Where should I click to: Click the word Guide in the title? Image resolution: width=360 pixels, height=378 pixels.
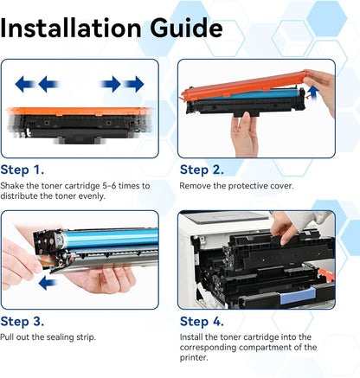(186, 28)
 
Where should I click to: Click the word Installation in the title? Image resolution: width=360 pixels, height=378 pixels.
(71, 28)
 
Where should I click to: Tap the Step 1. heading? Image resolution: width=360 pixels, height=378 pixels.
(22, 170)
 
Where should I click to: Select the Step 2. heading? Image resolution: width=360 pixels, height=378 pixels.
(202, 170)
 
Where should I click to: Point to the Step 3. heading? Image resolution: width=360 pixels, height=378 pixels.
(22, 322)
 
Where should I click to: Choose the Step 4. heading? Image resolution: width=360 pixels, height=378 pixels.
(202, 322)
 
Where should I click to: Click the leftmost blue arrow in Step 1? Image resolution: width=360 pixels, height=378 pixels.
(24, 84)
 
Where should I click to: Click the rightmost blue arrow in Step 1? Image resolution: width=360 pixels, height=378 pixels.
(134, 84)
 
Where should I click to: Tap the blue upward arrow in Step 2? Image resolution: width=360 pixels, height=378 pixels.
(313, 93)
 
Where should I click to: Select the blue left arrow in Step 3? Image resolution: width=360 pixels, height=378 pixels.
(48, 283)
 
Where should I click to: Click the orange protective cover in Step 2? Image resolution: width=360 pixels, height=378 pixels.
(245, 86)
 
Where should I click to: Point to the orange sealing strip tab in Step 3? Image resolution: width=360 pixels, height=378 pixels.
(46, 261)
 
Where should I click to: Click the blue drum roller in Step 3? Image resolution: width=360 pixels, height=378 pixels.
(111, 239)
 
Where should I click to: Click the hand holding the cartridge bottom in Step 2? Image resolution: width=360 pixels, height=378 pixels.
(245, 134)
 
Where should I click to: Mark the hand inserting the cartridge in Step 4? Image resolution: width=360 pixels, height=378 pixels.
(284, 227)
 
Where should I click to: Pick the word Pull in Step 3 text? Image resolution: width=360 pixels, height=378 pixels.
(7, 337)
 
